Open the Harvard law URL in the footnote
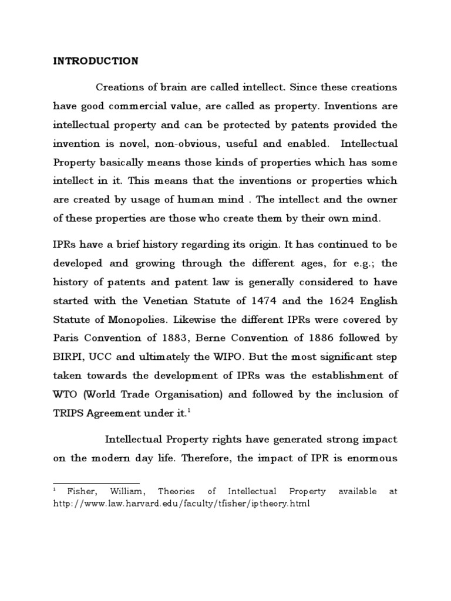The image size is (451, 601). pos(180,504)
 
